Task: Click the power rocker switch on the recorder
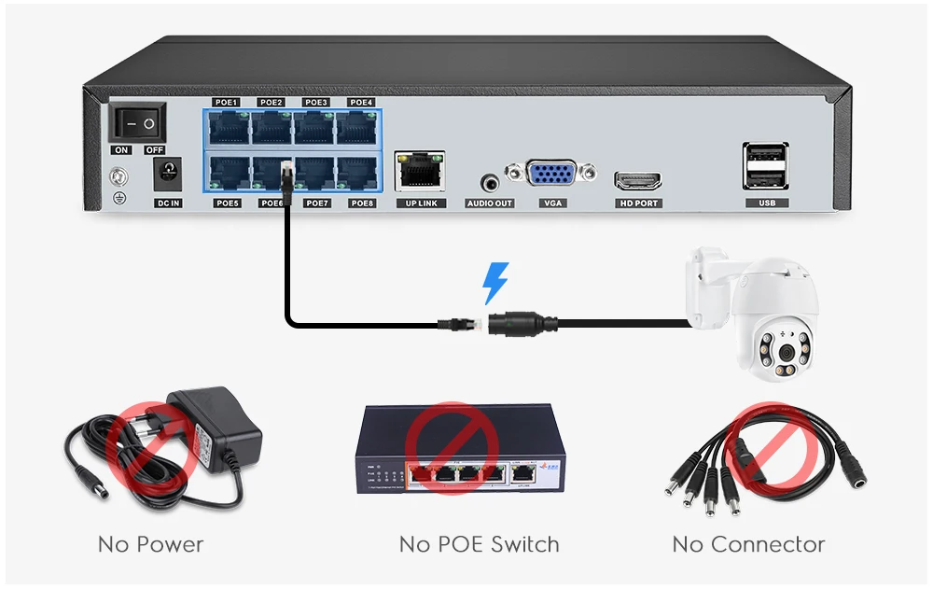click(x=137, y=123)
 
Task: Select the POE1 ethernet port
click(x=227, y=127)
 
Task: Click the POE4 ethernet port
click(x=356, y=127)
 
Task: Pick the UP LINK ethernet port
click(x=420, y=172)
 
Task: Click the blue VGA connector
click(x=551, y=176)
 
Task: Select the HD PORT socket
click(x=637, y=180)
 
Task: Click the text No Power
click(x=150, y=544)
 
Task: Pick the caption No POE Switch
click(x=479, y=544)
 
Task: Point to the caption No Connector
click(x=748, y=544)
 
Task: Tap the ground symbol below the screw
click(x=118, y=198)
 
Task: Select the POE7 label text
click(x=317, y=203)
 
